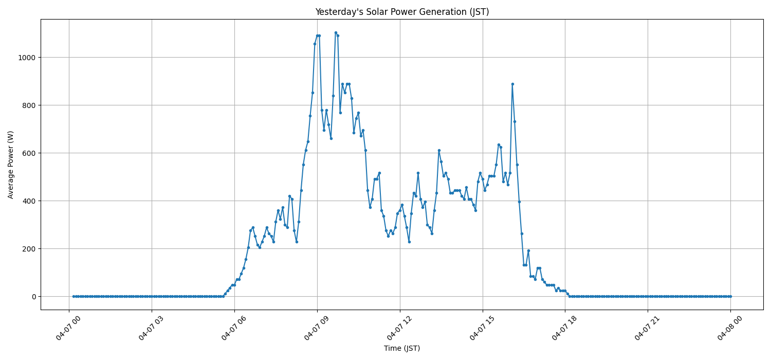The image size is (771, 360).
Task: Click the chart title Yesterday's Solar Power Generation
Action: [401, 12]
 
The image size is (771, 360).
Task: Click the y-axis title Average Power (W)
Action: [11, 165]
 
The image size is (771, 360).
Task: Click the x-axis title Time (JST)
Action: [401, 348]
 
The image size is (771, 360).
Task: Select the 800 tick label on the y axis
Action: [29, 105]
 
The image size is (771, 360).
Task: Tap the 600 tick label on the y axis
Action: [29, 153]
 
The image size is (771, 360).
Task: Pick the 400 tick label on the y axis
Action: [29, 201]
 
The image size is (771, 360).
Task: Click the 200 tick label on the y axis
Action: [29, 249]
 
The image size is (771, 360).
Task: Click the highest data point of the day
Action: [336, 32]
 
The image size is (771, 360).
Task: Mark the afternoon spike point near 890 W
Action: [512, 84]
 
